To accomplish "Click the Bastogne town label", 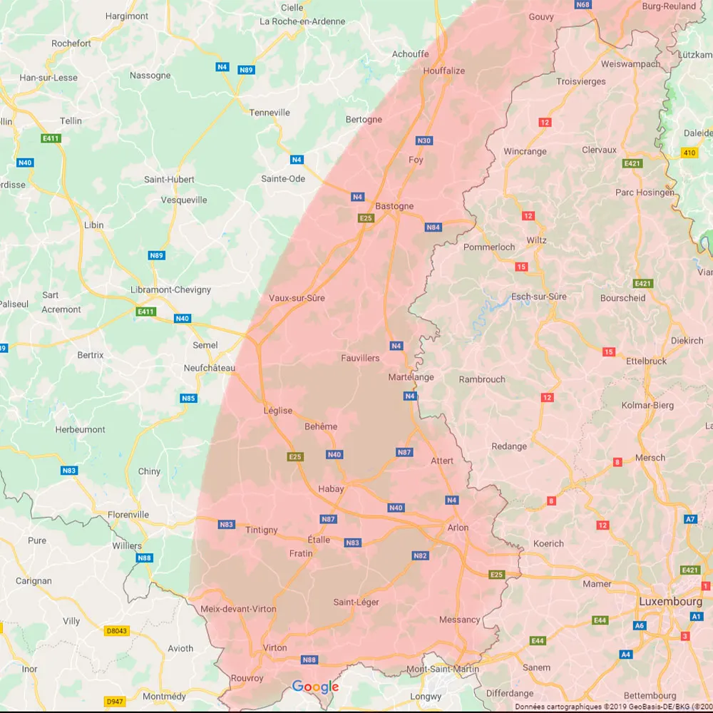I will click(x=394, y=206).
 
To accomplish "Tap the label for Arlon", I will click(x=458, y=528).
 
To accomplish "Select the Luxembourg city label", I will click(x=670, y=601).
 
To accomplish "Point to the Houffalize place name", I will click(x=443, y=71).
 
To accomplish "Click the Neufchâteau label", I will click(x=209, y=368).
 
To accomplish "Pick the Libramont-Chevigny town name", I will click(x=170, y=289).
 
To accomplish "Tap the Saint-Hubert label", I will click(x=169, y=180).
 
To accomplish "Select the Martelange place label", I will click(x=411, y=377).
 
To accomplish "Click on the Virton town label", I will click(x=275, y=648).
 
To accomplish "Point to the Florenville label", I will click(x=128, y=514).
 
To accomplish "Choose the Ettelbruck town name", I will click(x=646, y=361).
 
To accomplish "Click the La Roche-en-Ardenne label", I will click(x=302, y=21).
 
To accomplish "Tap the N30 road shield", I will click(x=424, y=140).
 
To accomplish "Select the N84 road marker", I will click(x=433, y=227).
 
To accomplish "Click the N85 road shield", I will click(x=188, y=398).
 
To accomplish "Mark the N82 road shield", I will click(x=420, y=555).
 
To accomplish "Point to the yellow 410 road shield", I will click(x=689, y=153).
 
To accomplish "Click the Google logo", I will click(x=315, y=687).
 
